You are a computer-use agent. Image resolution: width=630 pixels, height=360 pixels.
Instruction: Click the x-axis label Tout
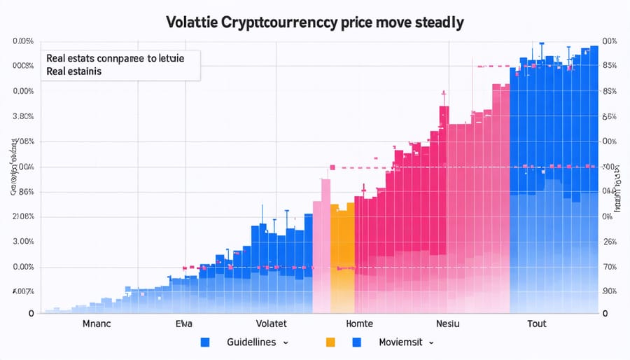tap(537, 324)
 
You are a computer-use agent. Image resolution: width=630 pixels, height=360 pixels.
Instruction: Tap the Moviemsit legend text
tap(402, 342)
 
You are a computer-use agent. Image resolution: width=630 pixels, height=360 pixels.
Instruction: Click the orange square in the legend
tap(331, 342)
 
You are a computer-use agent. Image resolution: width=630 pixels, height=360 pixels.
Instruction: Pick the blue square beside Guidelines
tap(205, 342)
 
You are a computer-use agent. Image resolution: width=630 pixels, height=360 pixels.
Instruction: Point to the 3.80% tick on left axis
tap(23, 117)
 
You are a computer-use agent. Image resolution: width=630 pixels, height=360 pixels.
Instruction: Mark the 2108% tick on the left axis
tap(23, 216)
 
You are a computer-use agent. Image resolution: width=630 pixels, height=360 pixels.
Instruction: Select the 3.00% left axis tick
tap(23, 242)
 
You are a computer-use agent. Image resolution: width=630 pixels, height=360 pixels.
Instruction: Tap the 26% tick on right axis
tap(609, 242)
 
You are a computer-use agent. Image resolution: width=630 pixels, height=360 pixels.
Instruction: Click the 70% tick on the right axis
tap(609, 267)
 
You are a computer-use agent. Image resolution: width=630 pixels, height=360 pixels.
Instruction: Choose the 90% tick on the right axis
tap(609, 291)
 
